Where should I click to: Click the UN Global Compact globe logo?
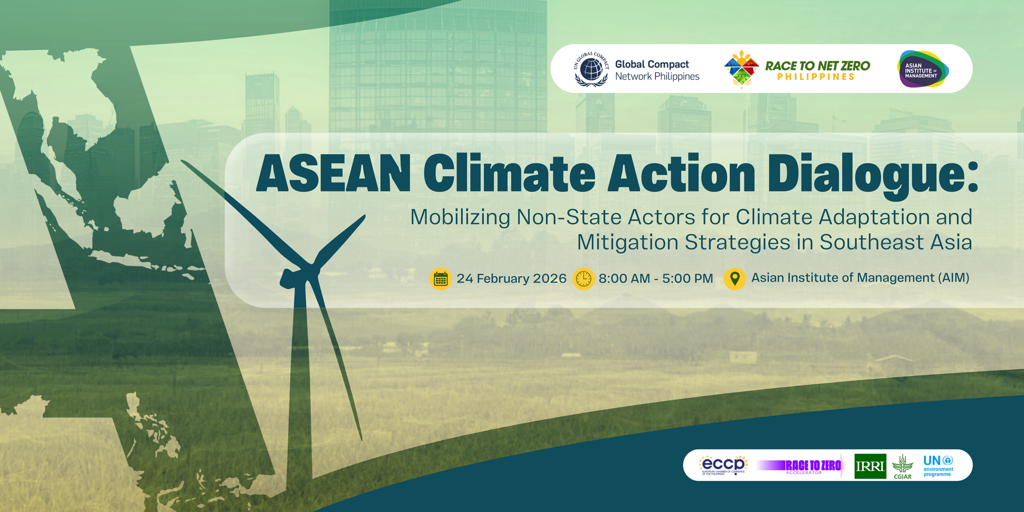coord(591,69)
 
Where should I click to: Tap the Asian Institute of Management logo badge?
coord(923,69)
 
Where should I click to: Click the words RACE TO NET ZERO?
coord(817,66)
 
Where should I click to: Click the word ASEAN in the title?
coord(333,174)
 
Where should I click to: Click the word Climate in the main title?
coord(509,174)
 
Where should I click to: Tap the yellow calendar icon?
coord(441,278)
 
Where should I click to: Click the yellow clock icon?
coord(583,278)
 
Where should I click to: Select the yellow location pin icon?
coord(734,278)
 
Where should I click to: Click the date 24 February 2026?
coord(511,278)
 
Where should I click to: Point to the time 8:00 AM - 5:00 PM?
coord(655,278)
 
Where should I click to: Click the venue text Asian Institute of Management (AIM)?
coord(860,278)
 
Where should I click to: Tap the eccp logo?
coord(723,465)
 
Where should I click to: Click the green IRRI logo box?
coord(870,466)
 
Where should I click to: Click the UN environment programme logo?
coord(938,466)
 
